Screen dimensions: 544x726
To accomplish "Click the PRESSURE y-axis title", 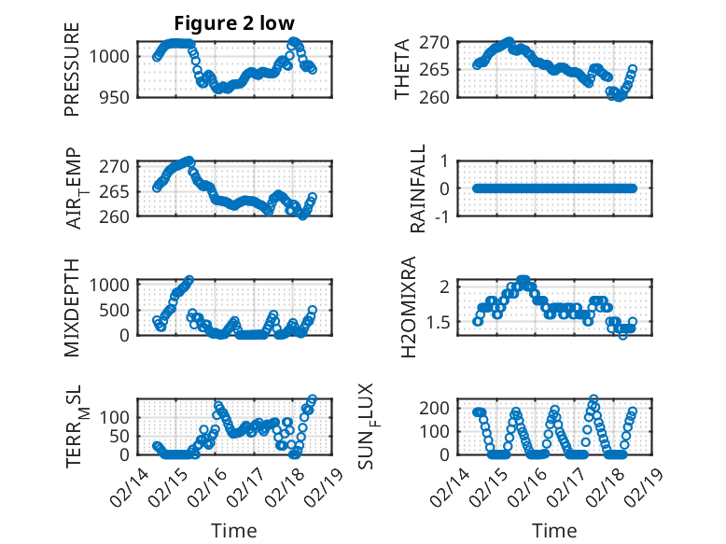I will tap(72, 69).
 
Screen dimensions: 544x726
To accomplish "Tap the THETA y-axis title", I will tap(402, 69).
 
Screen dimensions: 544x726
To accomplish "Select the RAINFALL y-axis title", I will tap(419, 188).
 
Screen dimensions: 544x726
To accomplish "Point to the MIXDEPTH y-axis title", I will tap(72, 307).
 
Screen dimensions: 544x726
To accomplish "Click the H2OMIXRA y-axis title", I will tap(408, 307).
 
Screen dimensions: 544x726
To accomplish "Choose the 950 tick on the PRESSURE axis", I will tap(116, 96).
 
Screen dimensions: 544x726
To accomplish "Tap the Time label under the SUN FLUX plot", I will tap(554, 531).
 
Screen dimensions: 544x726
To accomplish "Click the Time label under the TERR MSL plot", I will tap(233, 531).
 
